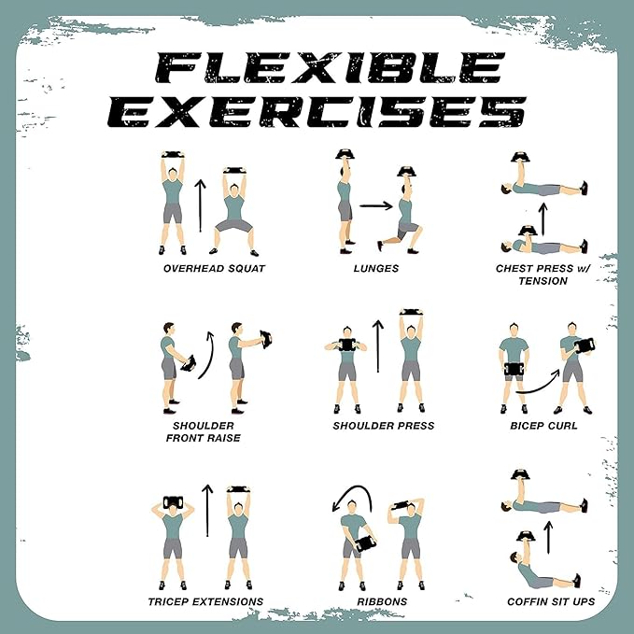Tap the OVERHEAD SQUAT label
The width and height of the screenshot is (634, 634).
click(214, 269)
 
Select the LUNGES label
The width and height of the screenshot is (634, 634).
click(377, 269)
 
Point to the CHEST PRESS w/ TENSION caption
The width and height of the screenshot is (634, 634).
click(542, 275)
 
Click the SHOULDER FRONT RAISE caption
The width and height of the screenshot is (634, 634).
click(204, 431)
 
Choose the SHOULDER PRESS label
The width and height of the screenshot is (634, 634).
click(383, 426)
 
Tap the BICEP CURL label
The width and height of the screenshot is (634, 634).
click(545, 426)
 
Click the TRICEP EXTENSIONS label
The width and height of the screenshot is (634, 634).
click(204, 601)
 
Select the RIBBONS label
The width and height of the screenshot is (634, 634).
click(383, 601)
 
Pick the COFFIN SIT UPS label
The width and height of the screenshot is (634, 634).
click(551, 601)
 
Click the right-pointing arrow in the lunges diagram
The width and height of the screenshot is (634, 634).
click(375, 205)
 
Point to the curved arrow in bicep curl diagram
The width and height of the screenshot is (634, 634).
click(538, 380)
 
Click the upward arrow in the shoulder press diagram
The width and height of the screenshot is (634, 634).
click(377, 347)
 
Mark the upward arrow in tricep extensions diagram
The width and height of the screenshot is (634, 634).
click(207, 510)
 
